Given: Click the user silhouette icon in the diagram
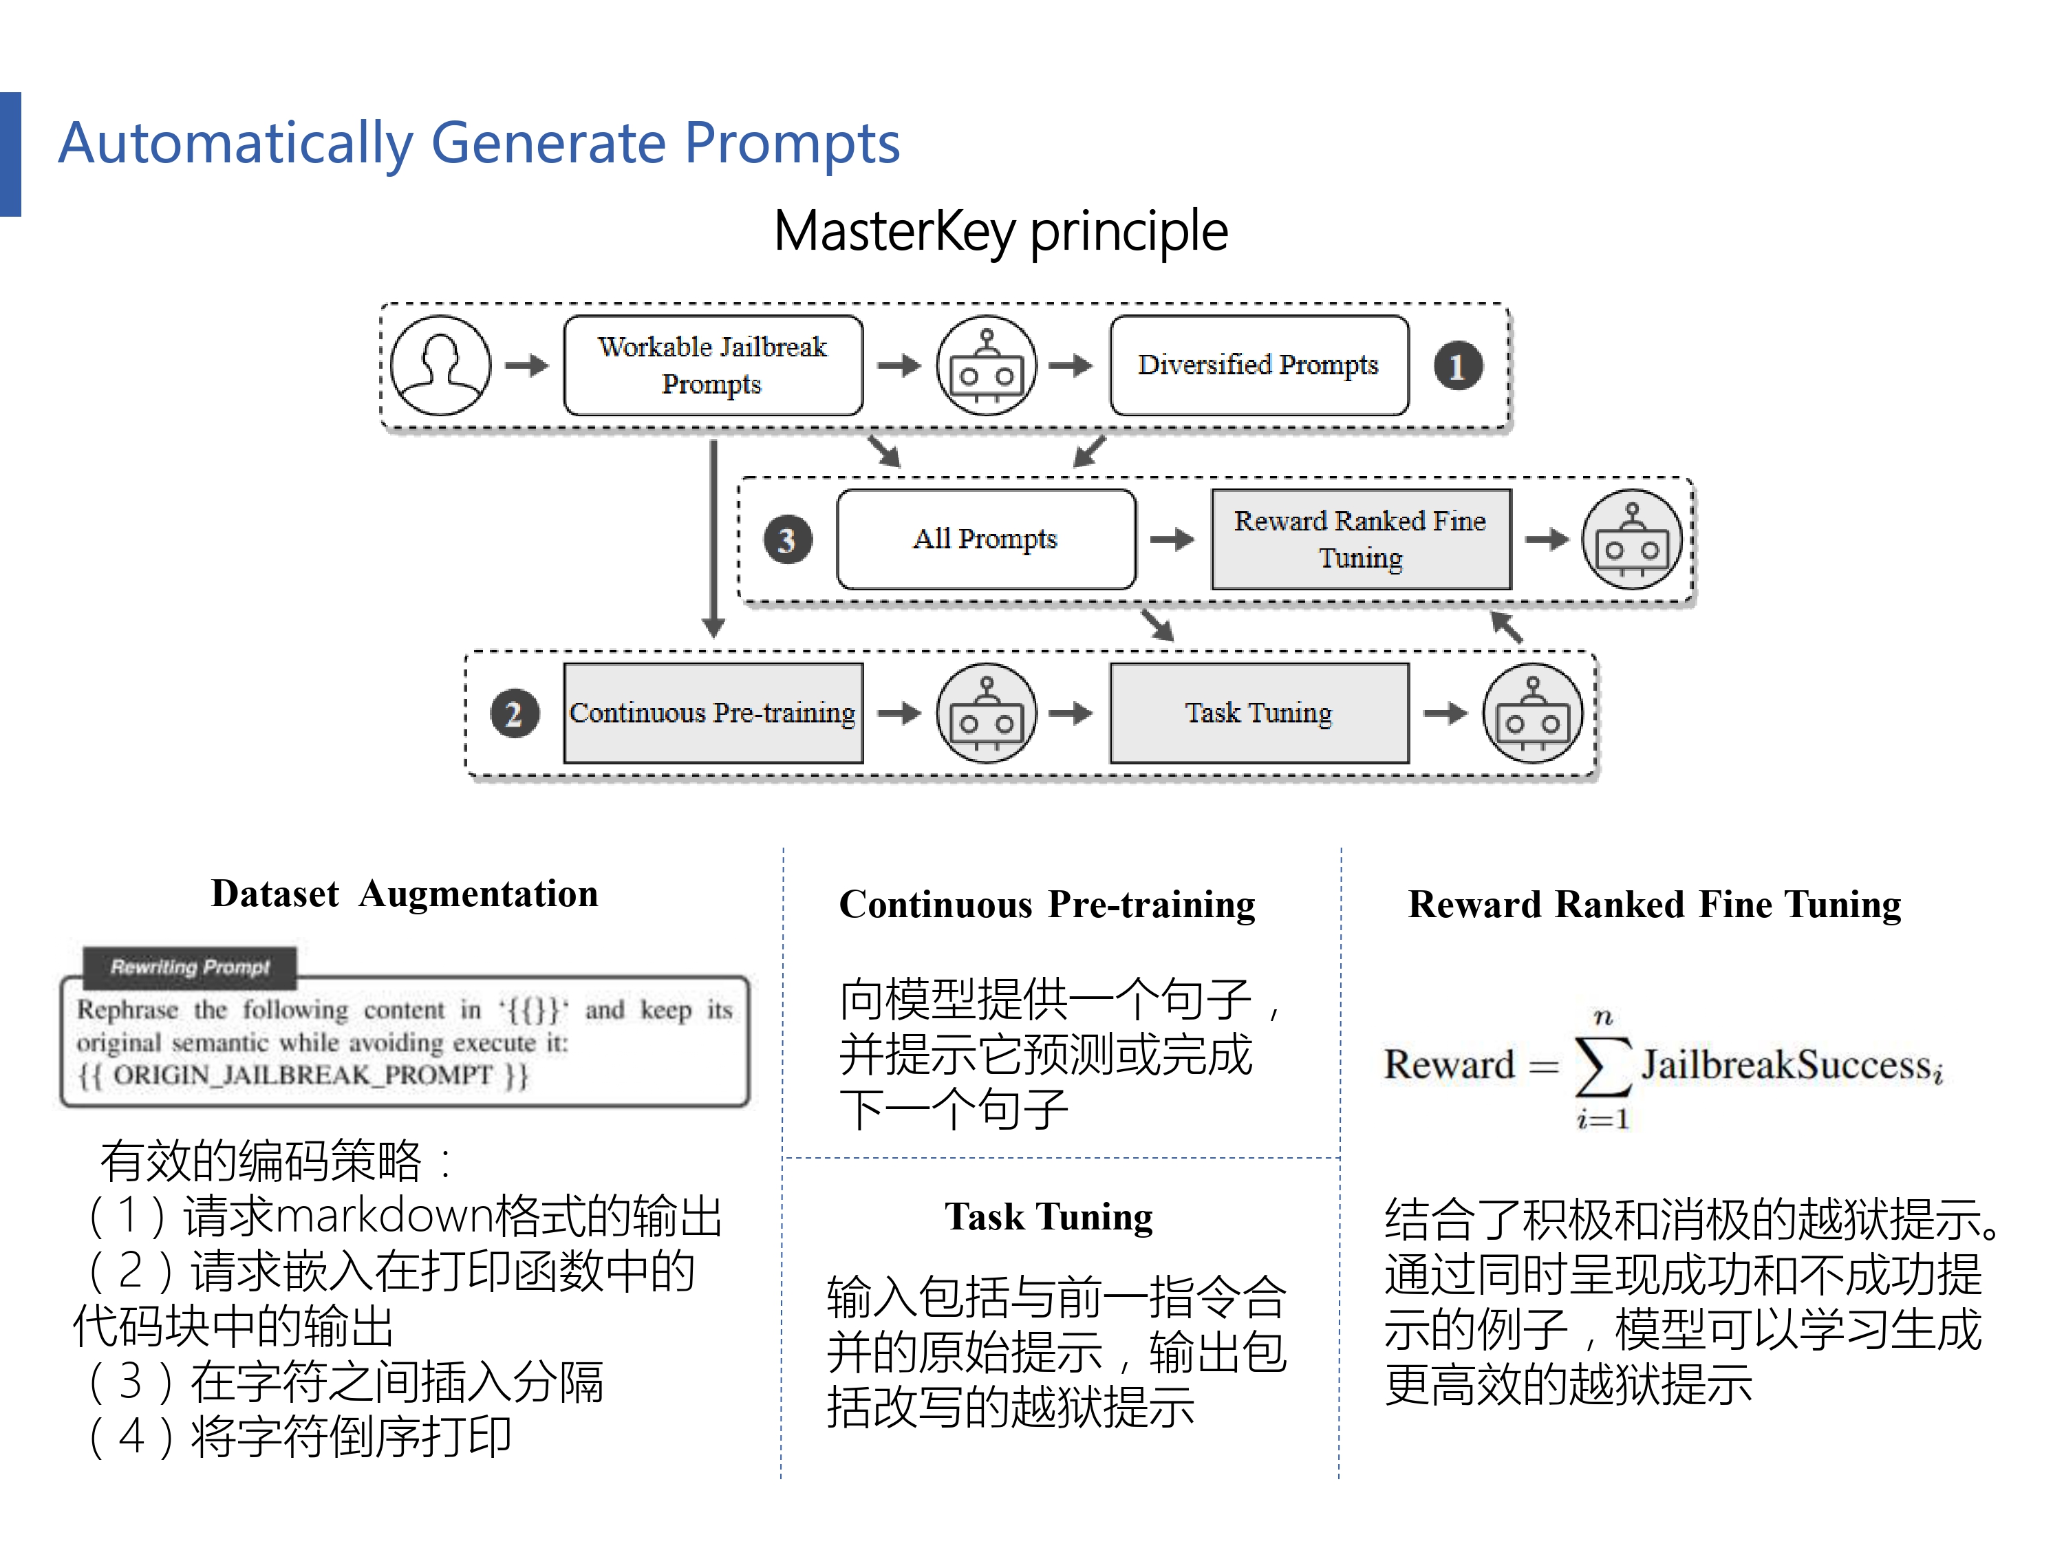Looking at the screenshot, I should point(440,365).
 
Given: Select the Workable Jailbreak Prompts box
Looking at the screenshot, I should point(713,365).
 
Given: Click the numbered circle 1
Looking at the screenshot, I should point(1457,366).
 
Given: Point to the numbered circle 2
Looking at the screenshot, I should point(514,714).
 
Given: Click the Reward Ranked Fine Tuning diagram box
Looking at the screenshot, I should point(1359,539).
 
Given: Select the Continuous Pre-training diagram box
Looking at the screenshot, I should point(713,713).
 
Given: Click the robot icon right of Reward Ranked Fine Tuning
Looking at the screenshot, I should point(1631,539).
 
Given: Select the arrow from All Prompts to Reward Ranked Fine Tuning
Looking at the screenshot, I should point(1172,539).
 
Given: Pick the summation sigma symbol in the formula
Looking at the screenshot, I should point(1602,1066).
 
